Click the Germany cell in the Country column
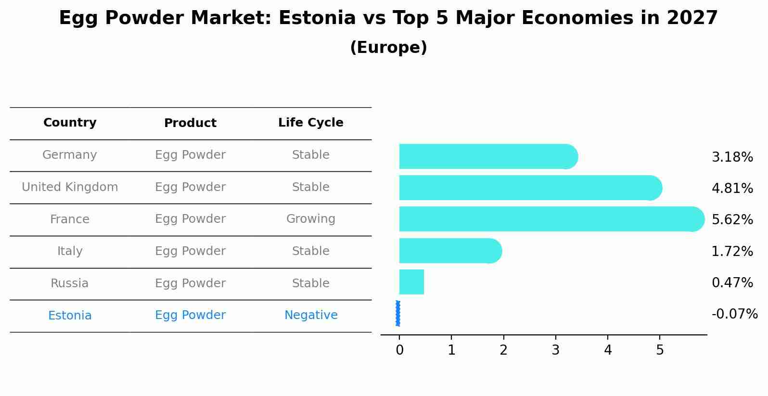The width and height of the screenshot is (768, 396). coord(70,155)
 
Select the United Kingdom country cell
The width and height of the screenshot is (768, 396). coord(70,187)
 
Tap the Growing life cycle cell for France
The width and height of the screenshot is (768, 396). coord(310,219)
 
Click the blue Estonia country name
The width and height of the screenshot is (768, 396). coord(70,316)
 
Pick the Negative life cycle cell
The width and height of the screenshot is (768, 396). coord(310,315)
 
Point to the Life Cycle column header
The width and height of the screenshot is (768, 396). coord(310,123)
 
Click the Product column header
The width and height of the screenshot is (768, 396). coord(190,123)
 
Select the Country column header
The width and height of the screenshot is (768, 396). coord(70,123)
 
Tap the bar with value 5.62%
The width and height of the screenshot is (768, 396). coord(549,219)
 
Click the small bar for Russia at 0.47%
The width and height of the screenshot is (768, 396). coord(411,282)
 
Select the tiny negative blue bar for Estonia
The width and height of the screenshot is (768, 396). coord(398,314)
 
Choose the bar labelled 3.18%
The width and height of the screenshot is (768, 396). coord(486,156)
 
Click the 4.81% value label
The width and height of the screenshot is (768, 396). coord(732,188)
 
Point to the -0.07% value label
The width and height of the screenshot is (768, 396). coord(734,314)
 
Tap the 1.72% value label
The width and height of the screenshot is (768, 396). coord(732,251)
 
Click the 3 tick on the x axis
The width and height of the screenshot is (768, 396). coord(555,350)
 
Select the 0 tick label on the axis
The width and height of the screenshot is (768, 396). coord(399,350)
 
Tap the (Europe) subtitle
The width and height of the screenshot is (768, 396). coord(388,48)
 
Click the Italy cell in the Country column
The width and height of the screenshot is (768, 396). coord(70,251)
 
